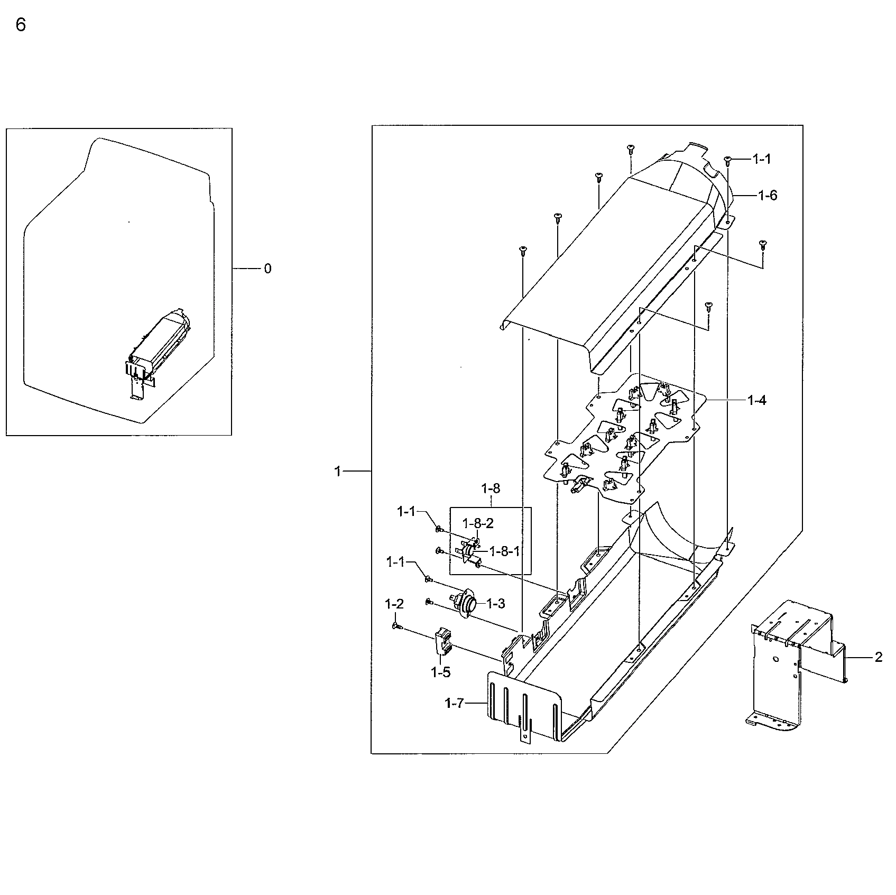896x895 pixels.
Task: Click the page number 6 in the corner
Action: pyautogui.click(x=21, y=25)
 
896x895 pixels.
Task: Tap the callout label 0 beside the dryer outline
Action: pyautogui.click(x=267, y=269)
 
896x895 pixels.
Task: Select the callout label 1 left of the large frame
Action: pyautogui.click(x=338, y=471)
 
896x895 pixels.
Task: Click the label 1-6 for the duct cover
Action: pyautogui.click(x=768, y=196)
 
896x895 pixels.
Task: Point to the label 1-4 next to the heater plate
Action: pyautogui.click(x=756, y=400)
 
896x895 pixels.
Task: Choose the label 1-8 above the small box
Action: pyautogui.click(x=491, y=488)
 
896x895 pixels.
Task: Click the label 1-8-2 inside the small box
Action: pyautogui.click(x=478, y=523)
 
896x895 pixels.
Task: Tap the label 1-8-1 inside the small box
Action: pyautogui.click(x=505, y=551)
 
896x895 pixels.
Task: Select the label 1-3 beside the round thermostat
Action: pyautogui.click(x=495, y=603)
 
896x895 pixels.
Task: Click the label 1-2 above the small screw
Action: pyautogui.click(x=394, y=604)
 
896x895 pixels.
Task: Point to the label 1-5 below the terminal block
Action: pyautogui.click(x=440, y=672)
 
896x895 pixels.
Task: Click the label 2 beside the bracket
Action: pyautogui.click(x=879, y=657)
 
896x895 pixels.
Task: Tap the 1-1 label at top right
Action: pyautogui.click(x=762, y=159)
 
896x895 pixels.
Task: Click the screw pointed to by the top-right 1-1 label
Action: pyautogui.click(x=727, y=159)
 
